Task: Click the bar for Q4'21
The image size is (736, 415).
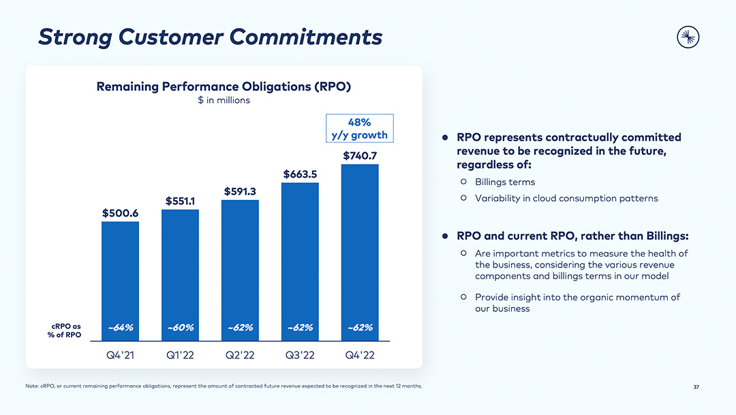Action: [x=120, y=273]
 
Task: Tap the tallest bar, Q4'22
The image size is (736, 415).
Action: [x=360, y=246]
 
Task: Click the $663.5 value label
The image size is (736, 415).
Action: [x=300, y=174]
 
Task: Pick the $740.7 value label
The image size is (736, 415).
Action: [x=360, y=156]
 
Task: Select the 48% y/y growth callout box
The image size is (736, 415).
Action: [x=359, y=128]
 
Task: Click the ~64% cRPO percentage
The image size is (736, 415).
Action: [x=121, y=328]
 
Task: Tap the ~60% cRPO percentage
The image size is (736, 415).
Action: [x=181, y=328]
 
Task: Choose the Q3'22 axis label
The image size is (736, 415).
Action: [x=300, y=356]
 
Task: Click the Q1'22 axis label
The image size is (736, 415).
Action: [x=181, y=356]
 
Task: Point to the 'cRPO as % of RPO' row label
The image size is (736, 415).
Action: [x=66, y=330]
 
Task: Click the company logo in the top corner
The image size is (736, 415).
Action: [x=688, y=38]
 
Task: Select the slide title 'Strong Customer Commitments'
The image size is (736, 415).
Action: [x=210, y=37]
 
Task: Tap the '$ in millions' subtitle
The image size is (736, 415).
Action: [x=224, y=100]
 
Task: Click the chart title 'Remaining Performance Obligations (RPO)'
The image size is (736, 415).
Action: [x=224, y=86]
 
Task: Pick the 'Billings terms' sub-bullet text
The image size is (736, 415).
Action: [x=505, y=182]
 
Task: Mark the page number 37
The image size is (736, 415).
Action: [x=696, y=388]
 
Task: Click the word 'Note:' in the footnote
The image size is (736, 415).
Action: [x=32, y=386]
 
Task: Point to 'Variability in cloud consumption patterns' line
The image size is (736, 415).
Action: [x=566, y=199]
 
